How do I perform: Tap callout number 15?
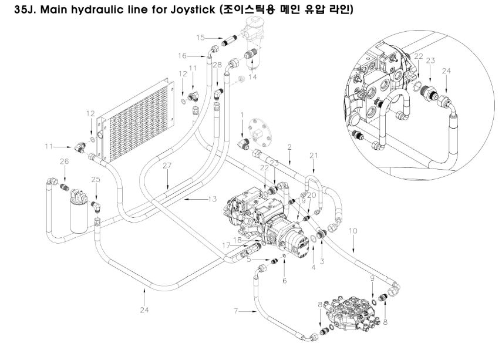click(201, 38)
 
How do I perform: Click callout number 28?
click(217, 65)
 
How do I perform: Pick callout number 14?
click(254, 76)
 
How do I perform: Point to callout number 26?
click(65, 160)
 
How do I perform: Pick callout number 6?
click(285, 280)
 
